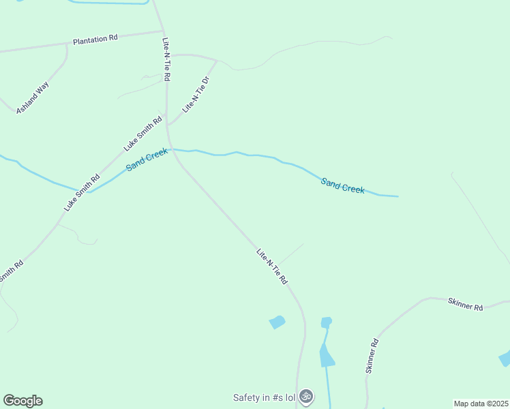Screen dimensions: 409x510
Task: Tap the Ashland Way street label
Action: (33, 97)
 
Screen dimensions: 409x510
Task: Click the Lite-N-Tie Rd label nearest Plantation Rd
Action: (166, 59)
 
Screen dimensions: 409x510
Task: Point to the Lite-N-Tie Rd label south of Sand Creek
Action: (272, 266)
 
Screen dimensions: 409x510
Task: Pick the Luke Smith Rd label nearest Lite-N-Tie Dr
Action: (142, 134)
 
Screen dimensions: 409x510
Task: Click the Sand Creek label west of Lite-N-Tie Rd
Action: (147, 160)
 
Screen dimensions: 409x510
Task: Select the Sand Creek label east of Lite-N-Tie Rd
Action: (343, 185)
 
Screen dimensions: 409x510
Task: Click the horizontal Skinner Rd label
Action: (465, 304)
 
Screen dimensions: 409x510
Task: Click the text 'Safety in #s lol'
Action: (264, 397)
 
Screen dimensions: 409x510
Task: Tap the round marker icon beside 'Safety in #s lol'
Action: (306, 396)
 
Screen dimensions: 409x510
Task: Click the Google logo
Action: (22, 401)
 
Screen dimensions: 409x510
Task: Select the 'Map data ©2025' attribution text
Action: (481, 403)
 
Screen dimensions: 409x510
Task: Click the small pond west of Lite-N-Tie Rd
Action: (277, 322)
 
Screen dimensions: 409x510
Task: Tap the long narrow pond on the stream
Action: (327, 355)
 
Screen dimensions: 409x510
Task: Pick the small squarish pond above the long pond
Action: (326, 322)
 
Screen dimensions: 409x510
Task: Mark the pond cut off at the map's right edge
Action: (505, 358)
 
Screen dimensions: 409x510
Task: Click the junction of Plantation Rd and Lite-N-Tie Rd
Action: (163, 31)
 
